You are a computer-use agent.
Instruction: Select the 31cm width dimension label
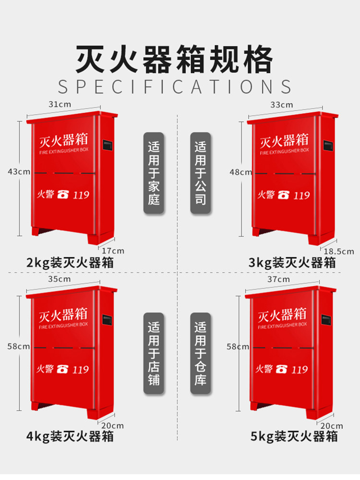click(x=60, y=104)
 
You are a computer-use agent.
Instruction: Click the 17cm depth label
click(x=113, y=251)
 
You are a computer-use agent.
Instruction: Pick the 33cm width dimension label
click(x=282, y=105)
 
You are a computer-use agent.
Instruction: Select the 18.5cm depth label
click(x=339, y=251)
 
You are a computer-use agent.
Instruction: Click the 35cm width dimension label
click(x=60, y=279)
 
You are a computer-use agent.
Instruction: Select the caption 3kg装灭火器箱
click(x=292, y=263)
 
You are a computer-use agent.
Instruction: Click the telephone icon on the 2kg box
click(x=63, y=195)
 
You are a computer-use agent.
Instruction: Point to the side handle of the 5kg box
click(x=326, y=322)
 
